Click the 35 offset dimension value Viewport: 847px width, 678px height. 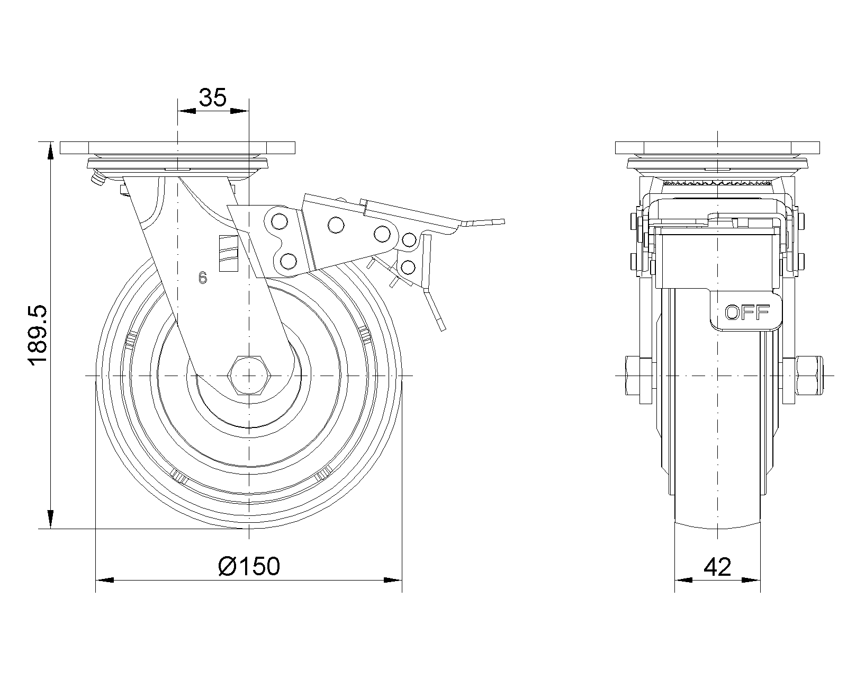212,97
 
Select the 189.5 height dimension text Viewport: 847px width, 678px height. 38,335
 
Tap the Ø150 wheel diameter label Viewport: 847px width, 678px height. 249,566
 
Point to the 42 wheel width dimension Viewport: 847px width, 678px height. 717,567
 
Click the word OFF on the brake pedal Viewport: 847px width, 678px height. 747,313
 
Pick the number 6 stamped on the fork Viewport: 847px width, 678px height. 203,278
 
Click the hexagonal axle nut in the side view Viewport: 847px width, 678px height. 249,375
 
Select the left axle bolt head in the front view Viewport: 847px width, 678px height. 633,376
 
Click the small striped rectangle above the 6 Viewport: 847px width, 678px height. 229,253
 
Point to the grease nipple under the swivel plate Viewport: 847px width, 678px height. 97,181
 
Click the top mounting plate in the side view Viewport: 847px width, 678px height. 177,148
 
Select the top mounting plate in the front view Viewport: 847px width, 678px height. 717,148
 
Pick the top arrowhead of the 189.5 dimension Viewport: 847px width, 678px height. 50,151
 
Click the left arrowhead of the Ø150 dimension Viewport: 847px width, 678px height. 105,580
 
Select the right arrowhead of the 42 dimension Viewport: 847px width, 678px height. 751,580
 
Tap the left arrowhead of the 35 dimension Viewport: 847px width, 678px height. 186,111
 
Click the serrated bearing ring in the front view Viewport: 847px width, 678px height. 717,183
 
